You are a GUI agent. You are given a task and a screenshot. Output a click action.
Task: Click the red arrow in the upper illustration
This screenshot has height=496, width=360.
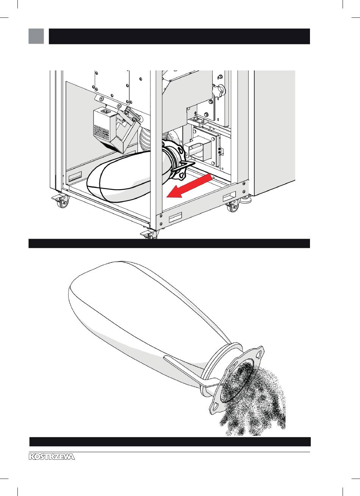(189, 186)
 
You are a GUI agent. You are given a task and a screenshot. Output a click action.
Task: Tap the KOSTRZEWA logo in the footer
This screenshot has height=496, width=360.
(52, 457)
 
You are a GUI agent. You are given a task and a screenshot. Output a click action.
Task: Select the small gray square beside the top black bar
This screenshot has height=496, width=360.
(36, 36)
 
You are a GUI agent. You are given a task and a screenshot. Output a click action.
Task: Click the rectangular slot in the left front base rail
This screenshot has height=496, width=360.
(175, 217)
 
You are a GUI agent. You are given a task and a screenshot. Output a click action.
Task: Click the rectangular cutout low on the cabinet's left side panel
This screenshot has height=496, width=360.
(75, 176)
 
